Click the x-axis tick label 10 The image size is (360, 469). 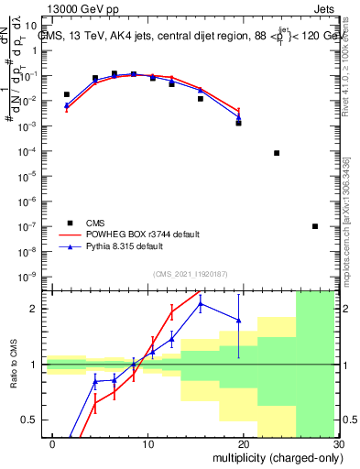[147, 443]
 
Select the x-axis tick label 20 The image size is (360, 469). [243, 443]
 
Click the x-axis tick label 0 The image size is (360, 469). [52, 443]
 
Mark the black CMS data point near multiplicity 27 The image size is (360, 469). [315, 226]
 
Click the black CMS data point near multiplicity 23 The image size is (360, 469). [277, 153]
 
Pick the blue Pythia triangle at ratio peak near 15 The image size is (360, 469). [201, 303]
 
